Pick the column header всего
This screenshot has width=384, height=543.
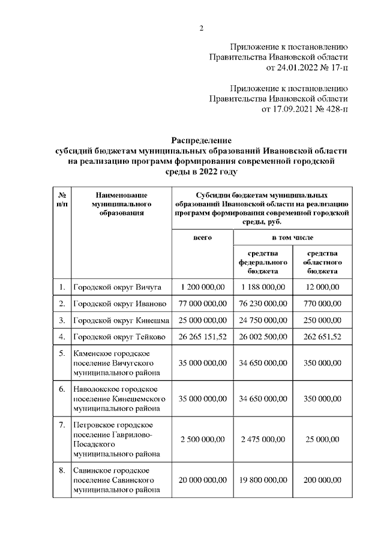coord(202,238)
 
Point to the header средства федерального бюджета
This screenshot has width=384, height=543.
coord(263,262)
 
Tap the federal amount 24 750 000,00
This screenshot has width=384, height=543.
coord(263,320)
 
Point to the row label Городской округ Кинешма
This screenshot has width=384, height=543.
coord(121,320)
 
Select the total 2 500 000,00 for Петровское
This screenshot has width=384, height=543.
coord(203,439)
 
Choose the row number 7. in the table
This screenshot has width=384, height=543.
coord(62,425)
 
